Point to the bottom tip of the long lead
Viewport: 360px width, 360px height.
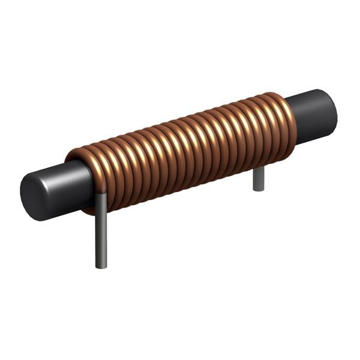point(101,266)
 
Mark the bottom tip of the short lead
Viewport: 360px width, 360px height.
point(259,190)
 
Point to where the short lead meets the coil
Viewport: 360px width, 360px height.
point(259,169)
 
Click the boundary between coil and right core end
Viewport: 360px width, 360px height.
point(295,120)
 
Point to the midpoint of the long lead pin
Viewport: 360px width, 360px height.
point(101,231)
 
